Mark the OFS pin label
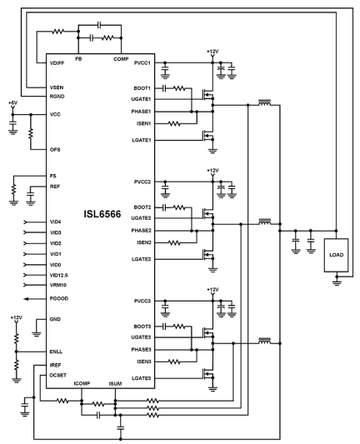[x=56, y=149]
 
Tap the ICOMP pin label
[x=82, y=383]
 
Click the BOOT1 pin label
[x=142, y=87]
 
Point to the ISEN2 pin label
[x=142, y=242]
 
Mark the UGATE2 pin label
[x=141, y=218]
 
